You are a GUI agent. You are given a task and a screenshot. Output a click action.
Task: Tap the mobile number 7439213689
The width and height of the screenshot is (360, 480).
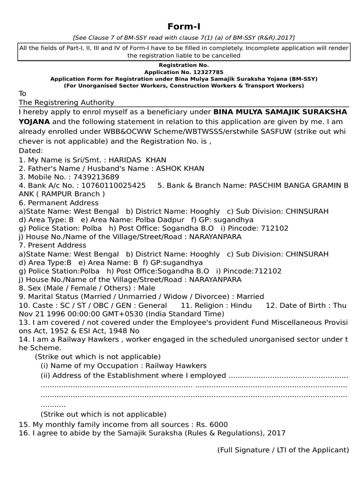[91, 177]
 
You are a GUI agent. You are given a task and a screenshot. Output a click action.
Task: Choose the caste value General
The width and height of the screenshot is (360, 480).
[152, 305]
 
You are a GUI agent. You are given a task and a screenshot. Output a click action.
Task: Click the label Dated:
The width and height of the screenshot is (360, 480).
[30, 151]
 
